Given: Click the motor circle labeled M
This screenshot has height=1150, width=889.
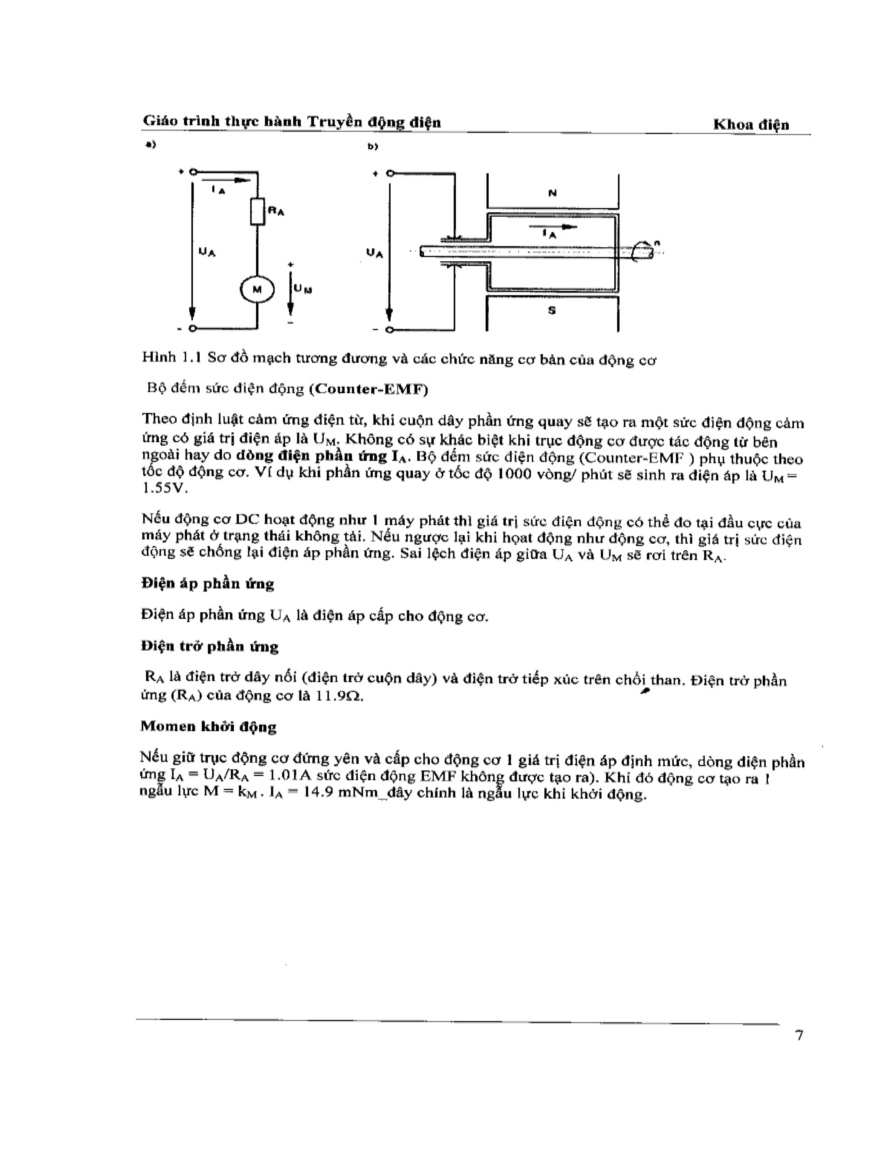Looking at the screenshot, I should coord(257,289).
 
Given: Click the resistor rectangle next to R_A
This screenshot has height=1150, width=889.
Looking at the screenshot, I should coord(257,211).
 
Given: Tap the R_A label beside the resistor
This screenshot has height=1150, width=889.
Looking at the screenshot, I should coord(276,211).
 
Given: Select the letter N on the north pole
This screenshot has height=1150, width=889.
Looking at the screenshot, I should coord(552,193).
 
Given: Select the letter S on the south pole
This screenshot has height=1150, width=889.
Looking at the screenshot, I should coord(551,311).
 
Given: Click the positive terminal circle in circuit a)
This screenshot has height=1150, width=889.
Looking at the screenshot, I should coord(193,172).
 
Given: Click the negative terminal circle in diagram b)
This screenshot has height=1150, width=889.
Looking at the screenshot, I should coord(389,330).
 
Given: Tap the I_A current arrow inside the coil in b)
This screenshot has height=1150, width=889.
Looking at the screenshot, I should coord(553,227).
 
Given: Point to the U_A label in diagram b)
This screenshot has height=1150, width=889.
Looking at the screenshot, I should coord(375,253).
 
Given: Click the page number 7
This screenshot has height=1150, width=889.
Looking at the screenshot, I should coord(800,1036).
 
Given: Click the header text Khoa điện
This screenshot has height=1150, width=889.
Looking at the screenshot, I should coord(751,125).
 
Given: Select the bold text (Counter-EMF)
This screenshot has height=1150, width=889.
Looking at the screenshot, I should coord(369,389).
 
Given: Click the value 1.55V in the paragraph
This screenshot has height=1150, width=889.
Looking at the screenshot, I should coord(165,488).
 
